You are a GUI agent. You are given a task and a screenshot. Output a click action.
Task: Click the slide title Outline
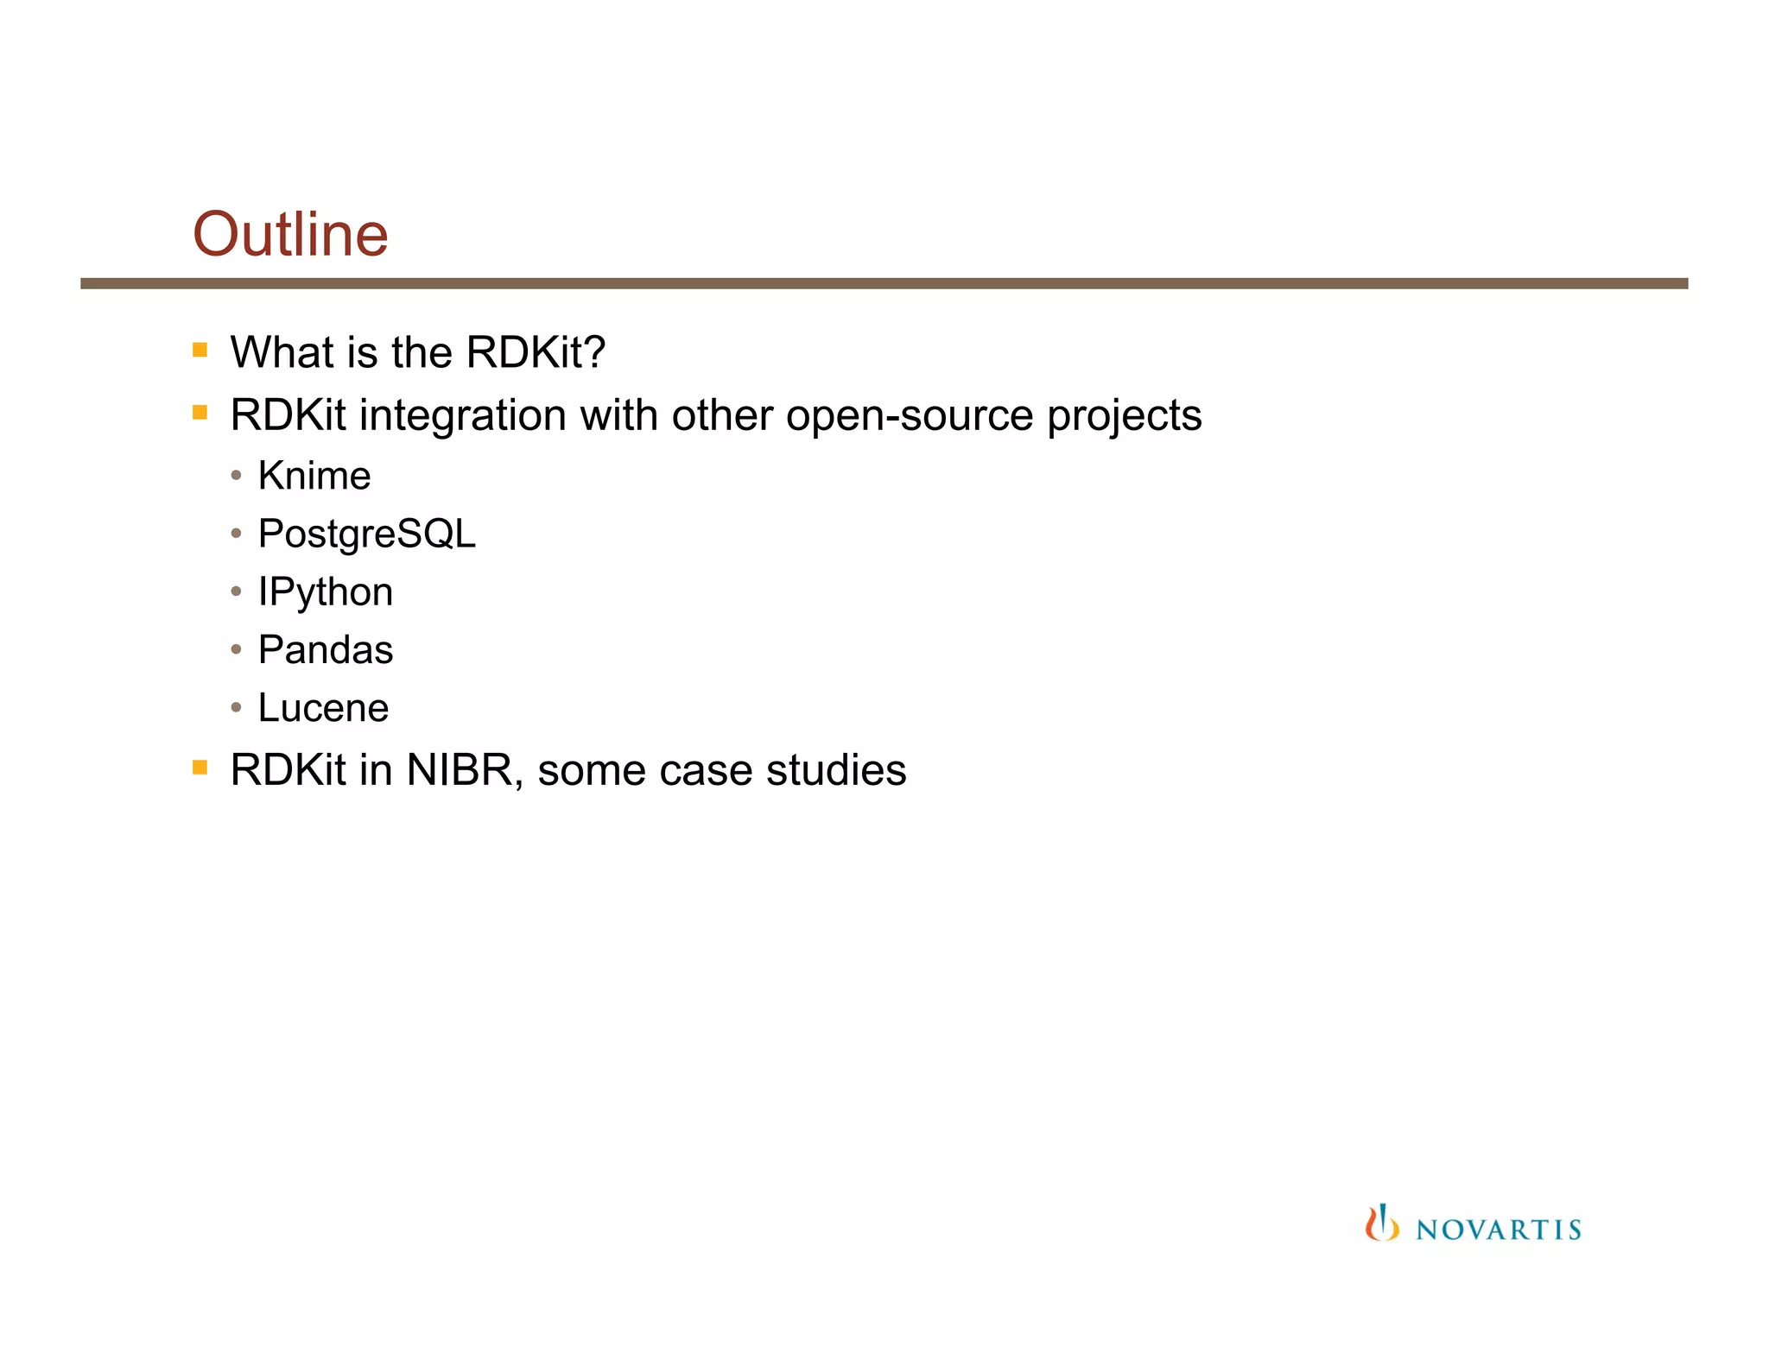(290, 234)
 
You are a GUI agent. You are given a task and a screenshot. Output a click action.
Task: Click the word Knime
(314, 476)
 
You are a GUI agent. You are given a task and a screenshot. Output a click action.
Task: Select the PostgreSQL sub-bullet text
(366, 534)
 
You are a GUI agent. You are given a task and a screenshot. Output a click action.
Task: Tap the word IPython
(326, 592)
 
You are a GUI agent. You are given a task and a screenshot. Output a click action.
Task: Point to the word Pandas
(326, 650)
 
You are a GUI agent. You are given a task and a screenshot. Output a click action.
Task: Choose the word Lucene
(323, 708)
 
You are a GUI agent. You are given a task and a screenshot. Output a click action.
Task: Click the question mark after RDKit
(595, 352)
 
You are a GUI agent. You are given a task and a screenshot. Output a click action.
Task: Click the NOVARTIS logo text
(1498, 1230)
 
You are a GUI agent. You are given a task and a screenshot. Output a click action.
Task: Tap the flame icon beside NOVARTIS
(1381, 1224)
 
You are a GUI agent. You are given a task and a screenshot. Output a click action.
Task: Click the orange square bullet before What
(200, 350)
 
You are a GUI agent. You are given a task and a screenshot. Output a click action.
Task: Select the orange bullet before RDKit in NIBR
(200, 767)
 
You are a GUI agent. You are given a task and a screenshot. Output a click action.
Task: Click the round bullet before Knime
(236, 476)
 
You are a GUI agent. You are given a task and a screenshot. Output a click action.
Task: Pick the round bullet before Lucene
(236, 708)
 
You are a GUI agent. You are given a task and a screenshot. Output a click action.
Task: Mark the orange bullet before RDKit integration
(200, 413)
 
